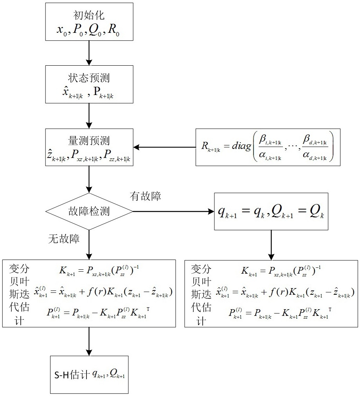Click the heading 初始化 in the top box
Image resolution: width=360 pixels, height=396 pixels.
(89, 15)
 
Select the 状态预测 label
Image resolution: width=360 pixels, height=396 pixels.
(89, 78)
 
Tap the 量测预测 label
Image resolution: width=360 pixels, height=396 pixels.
(89, 141)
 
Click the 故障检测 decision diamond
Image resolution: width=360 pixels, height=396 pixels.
(89, 211)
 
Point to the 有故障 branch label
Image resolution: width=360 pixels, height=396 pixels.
(145, 196)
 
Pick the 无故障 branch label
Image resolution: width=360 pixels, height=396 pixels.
(64, 239)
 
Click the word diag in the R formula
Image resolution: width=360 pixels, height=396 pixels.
(241, 146)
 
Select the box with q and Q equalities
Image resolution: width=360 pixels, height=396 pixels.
(271, 211)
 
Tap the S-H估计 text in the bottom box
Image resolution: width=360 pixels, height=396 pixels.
(72, 375)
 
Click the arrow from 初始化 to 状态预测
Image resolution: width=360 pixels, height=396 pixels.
(89, 53)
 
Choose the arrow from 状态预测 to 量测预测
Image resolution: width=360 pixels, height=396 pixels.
(89, 116)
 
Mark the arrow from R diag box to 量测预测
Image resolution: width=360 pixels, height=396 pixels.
(165, 147)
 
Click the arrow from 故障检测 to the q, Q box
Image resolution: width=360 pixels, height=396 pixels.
(173, 211)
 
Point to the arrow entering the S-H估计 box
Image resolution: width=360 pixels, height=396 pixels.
(89, 341)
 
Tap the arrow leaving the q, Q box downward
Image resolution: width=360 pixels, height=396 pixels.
(271, 245)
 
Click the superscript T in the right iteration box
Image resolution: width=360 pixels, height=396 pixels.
(330, 309)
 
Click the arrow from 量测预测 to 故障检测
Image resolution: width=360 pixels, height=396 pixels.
(89, 179)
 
